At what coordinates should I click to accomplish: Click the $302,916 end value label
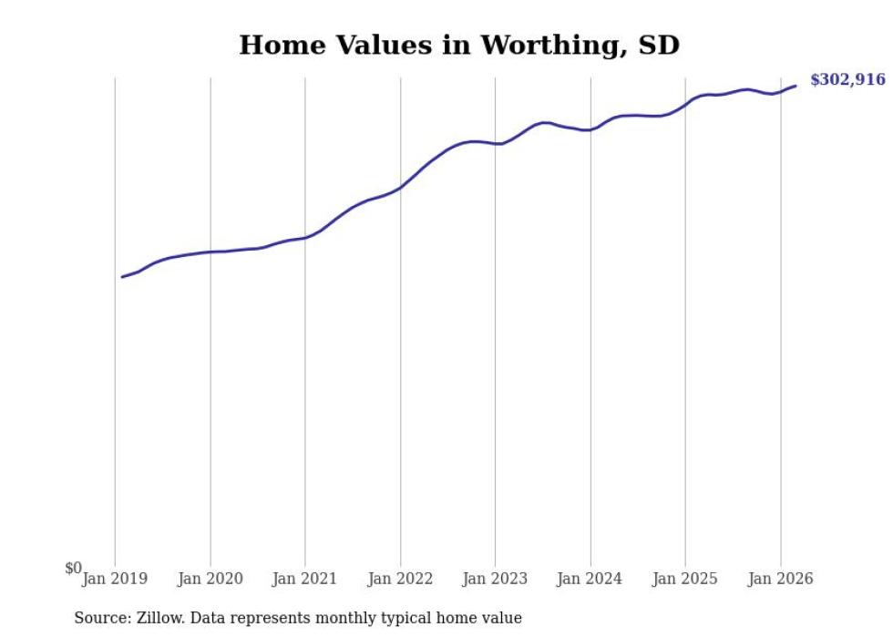pyautogui.click(x=847, y=80)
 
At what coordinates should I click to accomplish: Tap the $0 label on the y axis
pyautogui.click(x=73, y=569)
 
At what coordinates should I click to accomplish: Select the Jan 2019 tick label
pyautogui.click(x=115, y=579)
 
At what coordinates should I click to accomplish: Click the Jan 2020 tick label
pyautogui.click(x=210, y=579)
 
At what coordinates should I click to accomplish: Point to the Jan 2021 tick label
pyautogui.click(x=305, y=579)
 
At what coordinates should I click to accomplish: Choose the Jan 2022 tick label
pyautogui.click(x=400, y=579)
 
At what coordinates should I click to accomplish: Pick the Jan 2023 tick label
pyautogui.click(x=496, y=579)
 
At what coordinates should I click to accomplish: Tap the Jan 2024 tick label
pyautogui.click(x=590, y=579)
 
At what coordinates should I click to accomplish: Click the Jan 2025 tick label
pyautogui.click(x=685, y=579)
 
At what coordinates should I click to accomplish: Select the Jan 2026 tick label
pyautogui.click(x=781, y=579)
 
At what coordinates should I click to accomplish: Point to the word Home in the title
pyautogui.click(x=275, y=45)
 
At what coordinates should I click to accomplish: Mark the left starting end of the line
pyautogui.click(x=122, y=277)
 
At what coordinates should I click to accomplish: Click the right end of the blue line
pyautogui.click(x=796, y=86)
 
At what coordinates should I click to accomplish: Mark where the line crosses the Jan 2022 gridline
pyautogui.click(x=400, y=188)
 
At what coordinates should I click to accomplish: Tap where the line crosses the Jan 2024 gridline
pyautogui.click(x=590, y=129)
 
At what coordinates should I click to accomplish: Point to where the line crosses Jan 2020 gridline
pyautogui.click(x=210, y=252)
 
